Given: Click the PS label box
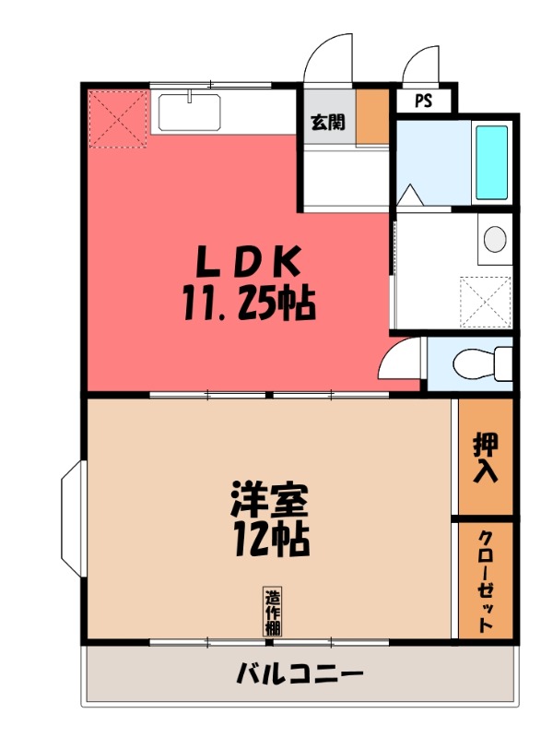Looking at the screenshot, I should point(422,101).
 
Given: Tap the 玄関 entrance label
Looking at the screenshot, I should point(326,121).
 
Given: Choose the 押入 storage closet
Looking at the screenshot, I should point(486,457).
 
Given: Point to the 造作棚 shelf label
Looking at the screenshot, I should point(274,613).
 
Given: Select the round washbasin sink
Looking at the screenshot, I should point(496,239).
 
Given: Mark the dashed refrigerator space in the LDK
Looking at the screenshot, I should point(117,118).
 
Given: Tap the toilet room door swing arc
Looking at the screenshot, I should point(402,358).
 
